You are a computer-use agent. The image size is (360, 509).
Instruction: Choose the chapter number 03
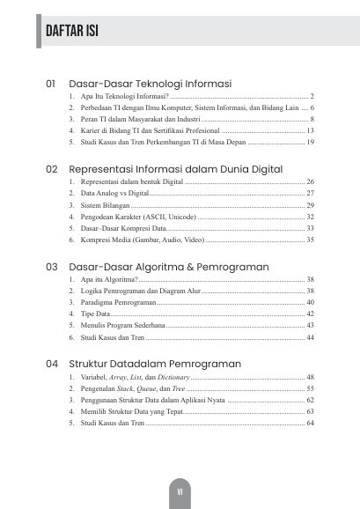tap(51, 265)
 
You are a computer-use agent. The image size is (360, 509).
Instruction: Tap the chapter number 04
tap(51, 362)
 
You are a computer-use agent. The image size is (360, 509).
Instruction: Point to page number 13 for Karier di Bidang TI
tap(310, 129)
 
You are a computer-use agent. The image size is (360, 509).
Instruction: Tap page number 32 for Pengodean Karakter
tap(310, 216)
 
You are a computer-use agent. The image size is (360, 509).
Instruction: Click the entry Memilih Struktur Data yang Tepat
tap(131, 411)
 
